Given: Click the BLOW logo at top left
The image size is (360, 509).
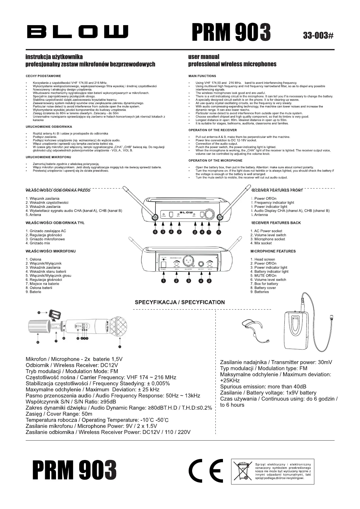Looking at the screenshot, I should (x=77, y=31).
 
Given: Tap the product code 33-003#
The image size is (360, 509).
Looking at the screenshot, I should (x=318, y=35).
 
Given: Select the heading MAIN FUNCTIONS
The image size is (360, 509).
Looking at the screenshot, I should (x=202, y=76).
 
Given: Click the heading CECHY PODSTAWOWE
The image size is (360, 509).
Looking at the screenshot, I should (x=43, y=76).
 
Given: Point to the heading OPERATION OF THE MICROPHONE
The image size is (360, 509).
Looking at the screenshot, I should (x=215, y=160).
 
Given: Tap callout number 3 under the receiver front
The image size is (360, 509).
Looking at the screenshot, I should (x=163, y=232).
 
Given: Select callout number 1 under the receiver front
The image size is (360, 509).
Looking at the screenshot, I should (x=209, y=232).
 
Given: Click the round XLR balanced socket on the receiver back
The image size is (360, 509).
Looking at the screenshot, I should (x=189, y=260).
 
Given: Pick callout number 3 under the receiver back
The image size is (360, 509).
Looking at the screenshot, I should (x=189, y=281).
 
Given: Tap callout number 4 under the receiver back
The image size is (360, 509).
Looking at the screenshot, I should (x=201, y=281).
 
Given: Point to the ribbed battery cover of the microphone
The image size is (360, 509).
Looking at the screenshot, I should (x=38, y=325).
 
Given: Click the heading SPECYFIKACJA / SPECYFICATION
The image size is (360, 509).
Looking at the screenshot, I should (x=180, y=302).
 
